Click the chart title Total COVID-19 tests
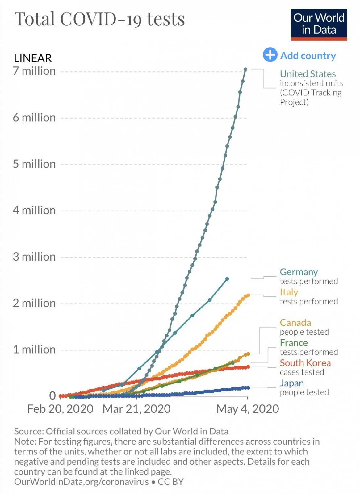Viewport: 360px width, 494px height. (x=99, y=19)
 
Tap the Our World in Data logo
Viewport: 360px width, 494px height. (x=319, y=24)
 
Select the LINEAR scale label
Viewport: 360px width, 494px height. (x=33, y=58)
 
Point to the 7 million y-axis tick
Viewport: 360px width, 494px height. (x=34, y=71)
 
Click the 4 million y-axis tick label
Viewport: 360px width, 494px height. (x=34, y=211)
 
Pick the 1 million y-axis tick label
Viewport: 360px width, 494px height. (x=34, y=350)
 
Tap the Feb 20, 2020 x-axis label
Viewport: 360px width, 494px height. (x=60, y=409)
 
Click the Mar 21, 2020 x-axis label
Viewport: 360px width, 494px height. (x=136, y=409)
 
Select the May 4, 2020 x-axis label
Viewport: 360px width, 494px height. (x=247, y=409)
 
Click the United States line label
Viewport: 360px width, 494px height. (x=308, y=74)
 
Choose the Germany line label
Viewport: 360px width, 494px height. (x=299, y=272)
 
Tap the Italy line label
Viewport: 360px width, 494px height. (x=289, y=292)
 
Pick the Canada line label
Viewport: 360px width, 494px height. (x=295, y=323)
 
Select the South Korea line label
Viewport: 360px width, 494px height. (x=305, y=363)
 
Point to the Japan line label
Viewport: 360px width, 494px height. (x=292, y=383)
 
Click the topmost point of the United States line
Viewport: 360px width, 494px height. (x=245, y=69)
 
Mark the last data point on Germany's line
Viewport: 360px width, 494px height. (x=227, y=279)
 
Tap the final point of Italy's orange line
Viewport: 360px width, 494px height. (x=248, y=295)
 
